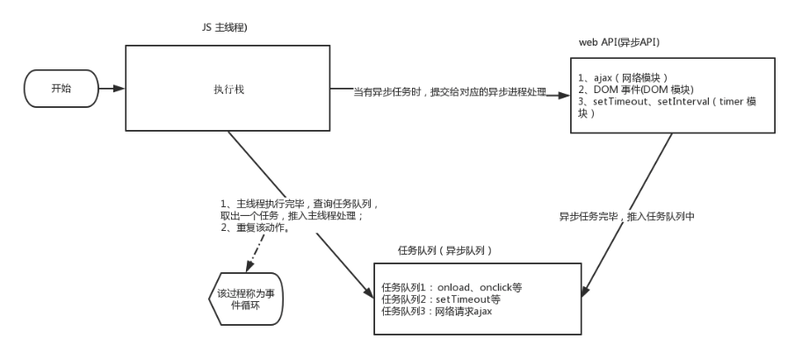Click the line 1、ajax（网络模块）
pos(632,76)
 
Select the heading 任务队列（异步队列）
pos(444,251)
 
